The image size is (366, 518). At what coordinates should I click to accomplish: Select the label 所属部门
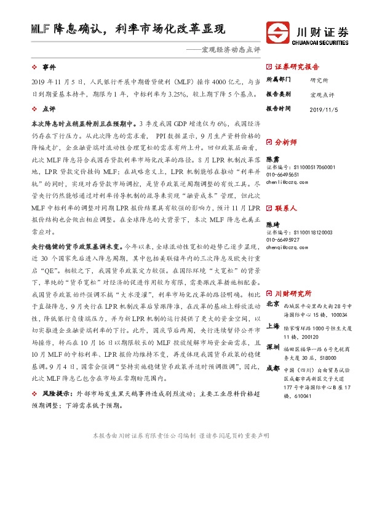[x=278, y=80]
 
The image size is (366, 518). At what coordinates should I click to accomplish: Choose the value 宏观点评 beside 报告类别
[x=322, y=94]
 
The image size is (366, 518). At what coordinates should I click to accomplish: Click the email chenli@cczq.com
[x=287, y=183]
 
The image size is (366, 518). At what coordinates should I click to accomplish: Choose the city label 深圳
[x=273, y=346]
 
